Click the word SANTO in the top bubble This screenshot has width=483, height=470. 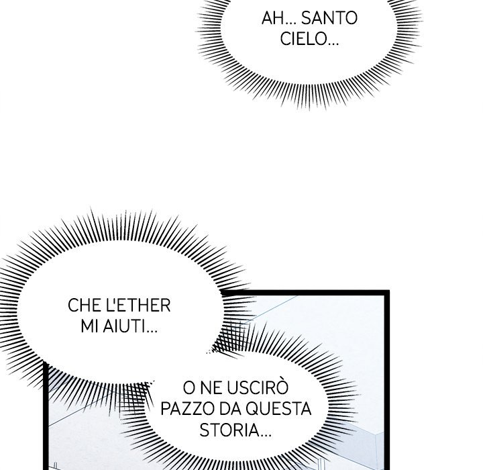[x=329, y=18]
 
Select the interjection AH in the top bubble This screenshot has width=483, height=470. [x=272, y=18]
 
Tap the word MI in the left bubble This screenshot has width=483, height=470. [x=90, y=326]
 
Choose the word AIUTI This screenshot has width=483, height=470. [x=124, y=326]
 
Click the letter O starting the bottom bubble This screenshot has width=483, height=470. [x=189, y=388]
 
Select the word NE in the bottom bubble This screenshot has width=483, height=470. [x=209, y=388]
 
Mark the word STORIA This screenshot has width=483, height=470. [x=229, y=430]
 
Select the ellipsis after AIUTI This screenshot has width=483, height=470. [x=152, y=332]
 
